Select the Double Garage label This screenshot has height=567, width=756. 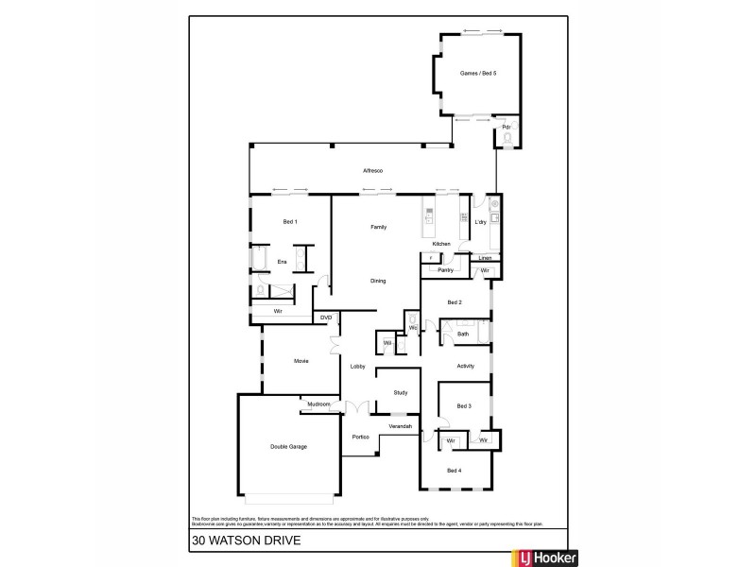[x=290, y=446]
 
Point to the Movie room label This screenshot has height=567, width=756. [x=301, y=361]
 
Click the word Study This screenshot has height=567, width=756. [x=400, y=392]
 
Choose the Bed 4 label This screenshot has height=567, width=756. [x=454, y=470]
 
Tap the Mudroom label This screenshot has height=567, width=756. [x=318, y=404]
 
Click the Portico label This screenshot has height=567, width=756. [x=360, y=437]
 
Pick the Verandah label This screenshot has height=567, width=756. [x=401, y=427]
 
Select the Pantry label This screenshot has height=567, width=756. [x=446, y=270]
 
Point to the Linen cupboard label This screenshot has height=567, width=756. [x=485, y=257]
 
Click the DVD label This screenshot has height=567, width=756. [x=326, y=318]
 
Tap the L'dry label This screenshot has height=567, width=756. [x=480, y=222]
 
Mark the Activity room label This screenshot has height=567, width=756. [x=465, y=366]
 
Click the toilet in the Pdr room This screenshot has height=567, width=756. [x=507, y=139]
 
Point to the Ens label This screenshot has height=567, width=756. [x=282, y=261]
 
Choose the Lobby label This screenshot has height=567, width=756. [x=358, y=366]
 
